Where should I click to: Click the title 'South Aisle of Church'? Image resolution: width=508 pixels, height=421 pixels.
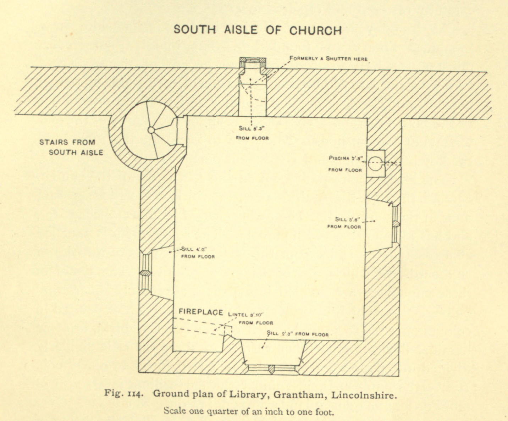[258, 30]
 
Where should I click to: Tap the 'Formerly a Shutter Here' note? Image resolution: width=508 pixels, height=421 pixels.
[328, 59]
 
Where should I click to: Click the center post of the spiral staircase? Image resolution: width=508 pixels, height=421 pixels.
[151, 130]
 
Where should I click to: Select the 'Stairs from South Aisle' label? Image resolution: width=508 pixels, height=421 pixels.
[71, 147]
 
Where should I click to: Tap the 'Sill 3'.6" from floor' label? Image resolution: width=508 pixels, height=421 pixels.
[344, 223]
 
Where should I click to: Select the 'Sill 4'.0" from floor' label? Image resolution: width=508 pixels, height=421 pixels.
[198, 252]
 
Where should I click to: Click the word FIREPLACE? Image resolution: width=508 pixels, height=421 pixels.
[201, 312]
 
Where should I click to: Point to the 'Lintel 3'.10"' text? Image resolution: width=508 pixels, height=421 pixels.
[247, 314]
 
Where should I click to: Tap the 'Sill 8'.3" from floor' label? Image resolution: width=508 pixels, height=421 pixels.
[252, 133]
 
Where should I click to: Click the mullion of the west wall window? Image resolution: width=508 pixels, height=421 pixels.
[145, 273]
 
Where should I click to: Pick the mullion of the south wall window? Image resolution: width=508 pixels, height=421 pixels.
[272, 369]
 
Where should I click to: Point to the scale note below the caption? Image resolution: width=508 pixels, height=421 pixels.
[249, 412]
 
